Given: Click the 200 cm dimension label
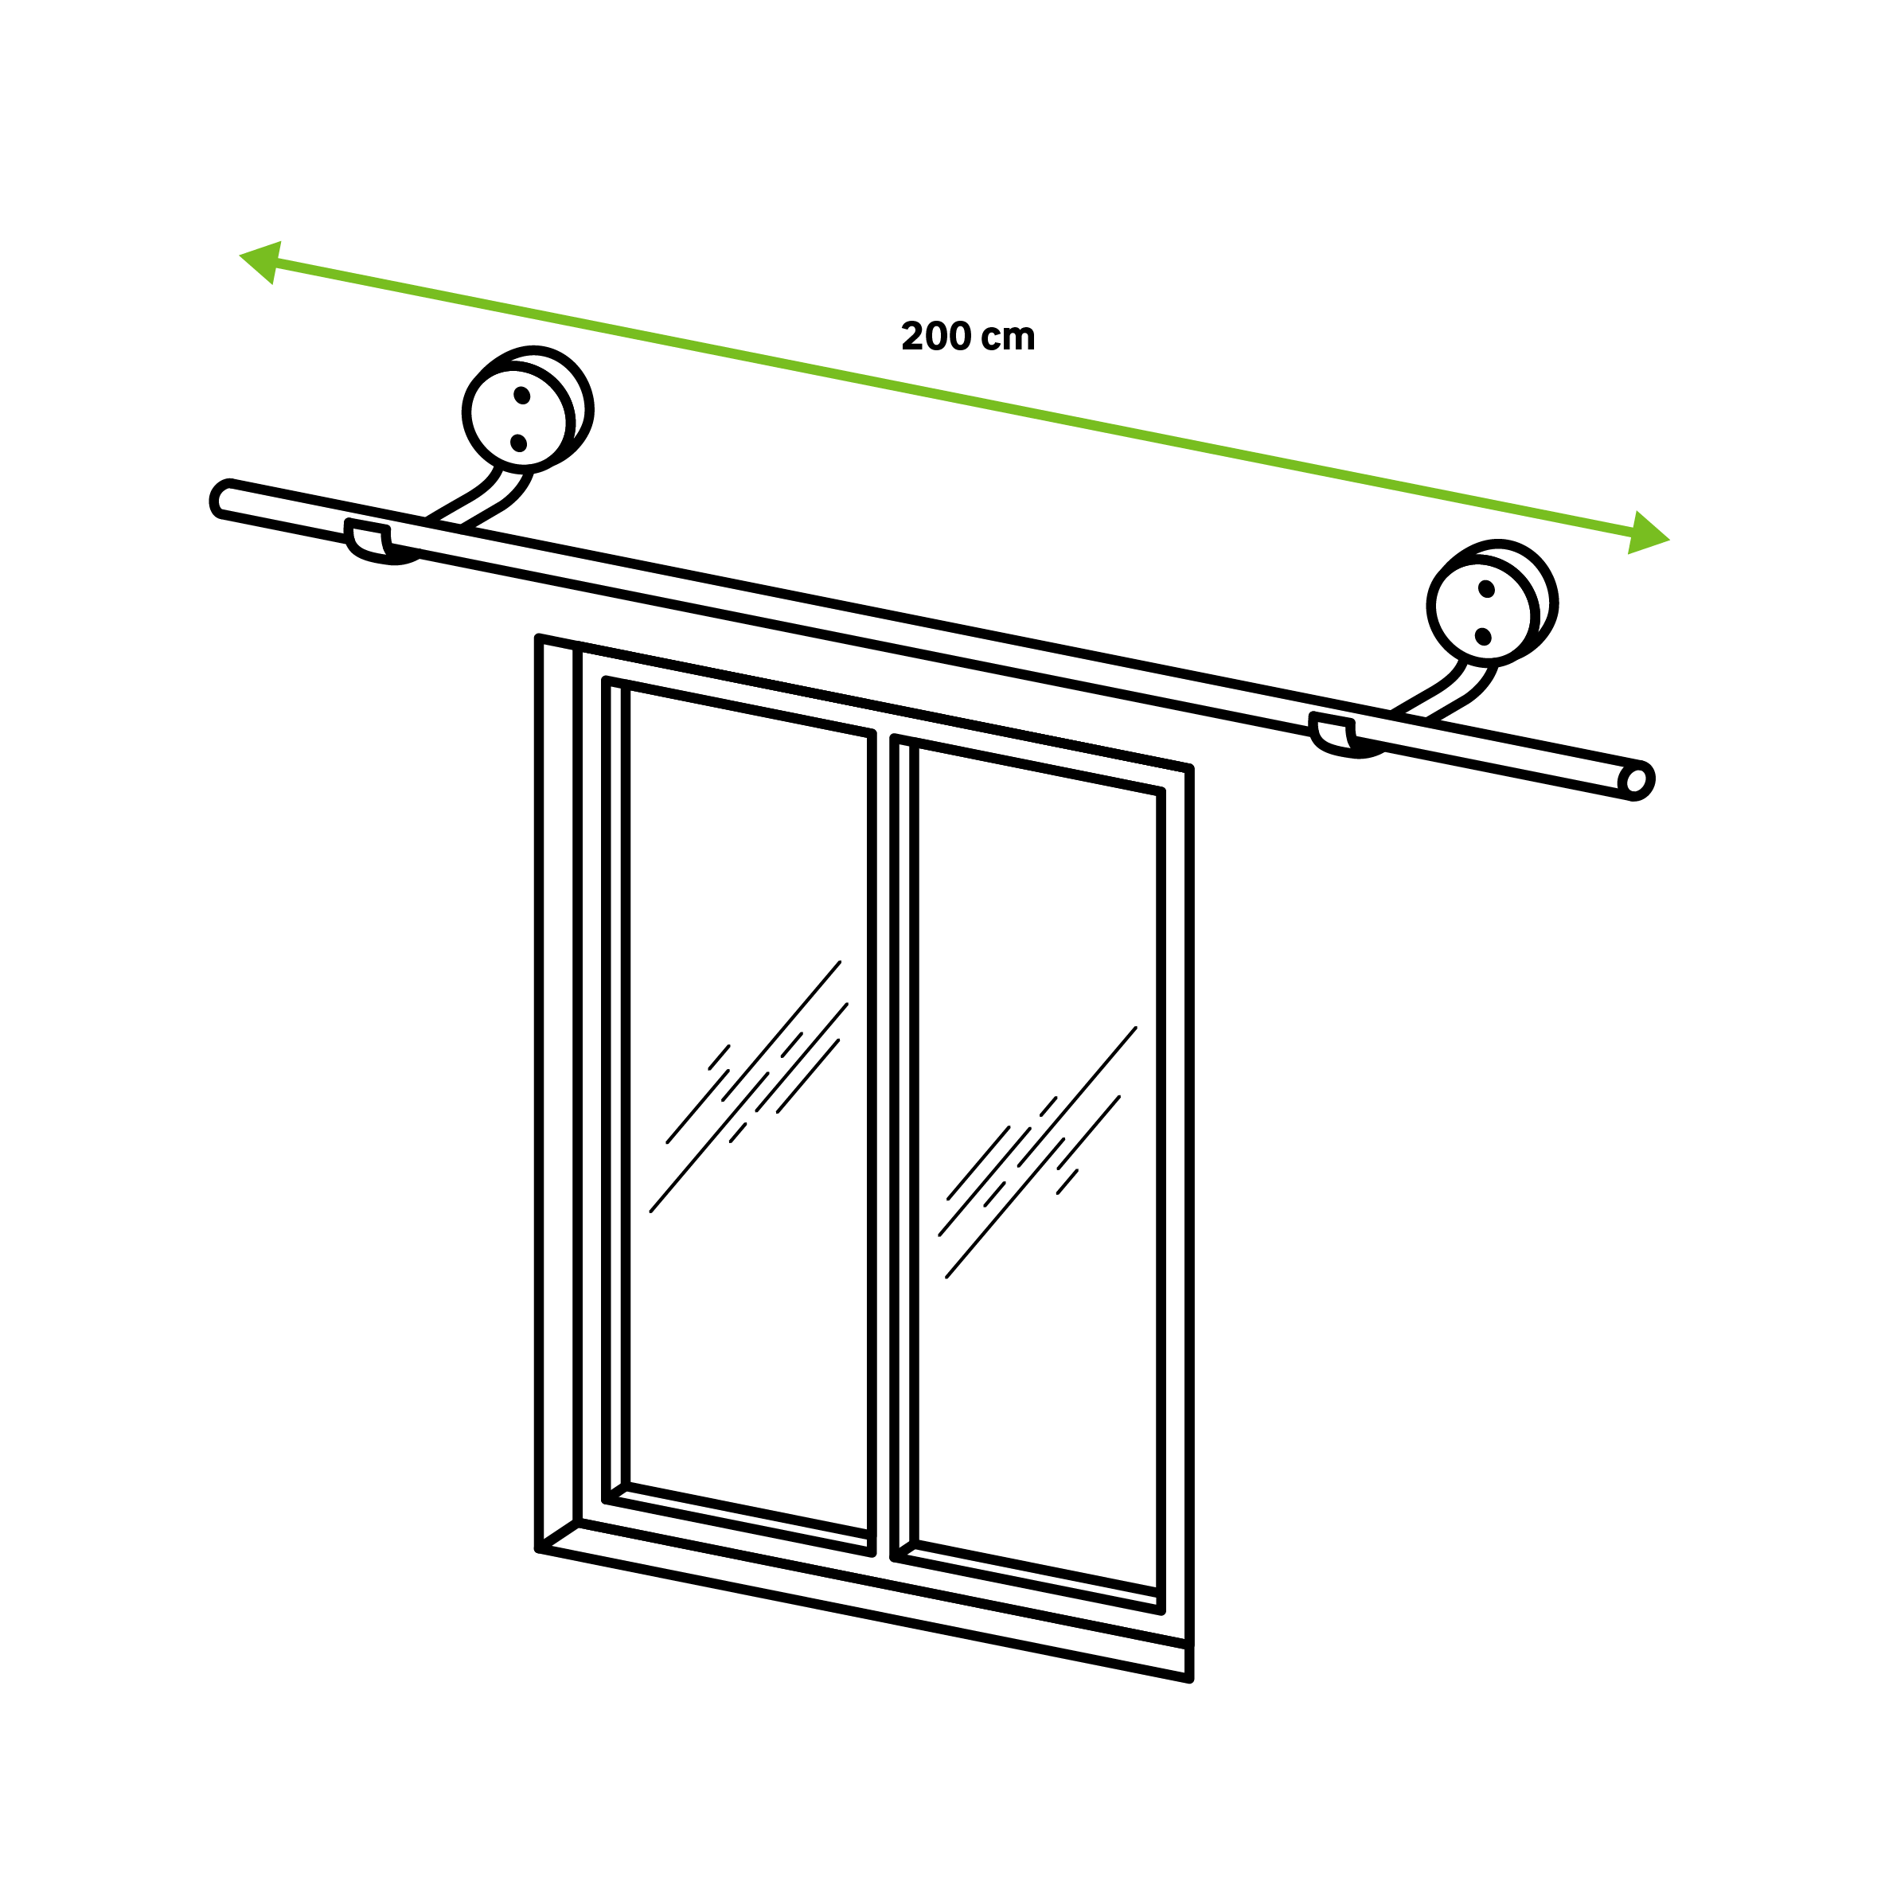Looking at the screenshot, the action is (968, 336).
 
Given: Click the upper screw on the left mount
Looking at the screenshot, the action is (522, 396).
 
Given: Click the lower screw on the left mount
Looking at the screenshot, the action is (518, 443).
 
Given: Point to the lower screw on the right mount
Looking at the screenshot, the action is (1483, 637).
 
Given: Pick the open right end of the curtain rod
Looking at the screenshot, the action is (1636, 781).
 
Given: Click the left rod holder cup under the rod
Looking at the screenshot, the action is (380, 543).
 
